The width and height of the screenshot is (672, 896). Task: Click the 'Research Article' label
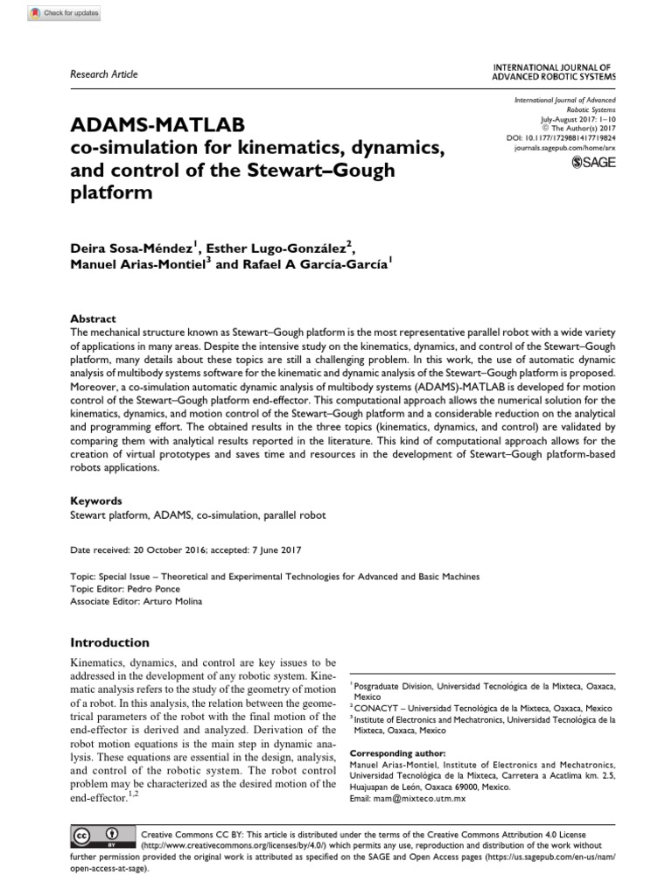tap(102, 74)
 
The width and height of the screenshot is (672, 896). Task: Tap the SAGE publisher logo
tap(593, 162)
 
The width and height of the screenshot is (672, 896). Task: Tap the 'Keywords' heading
tap(95, 501)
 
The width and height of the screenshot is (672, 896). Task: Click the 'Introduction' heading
tap(109, 642)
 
